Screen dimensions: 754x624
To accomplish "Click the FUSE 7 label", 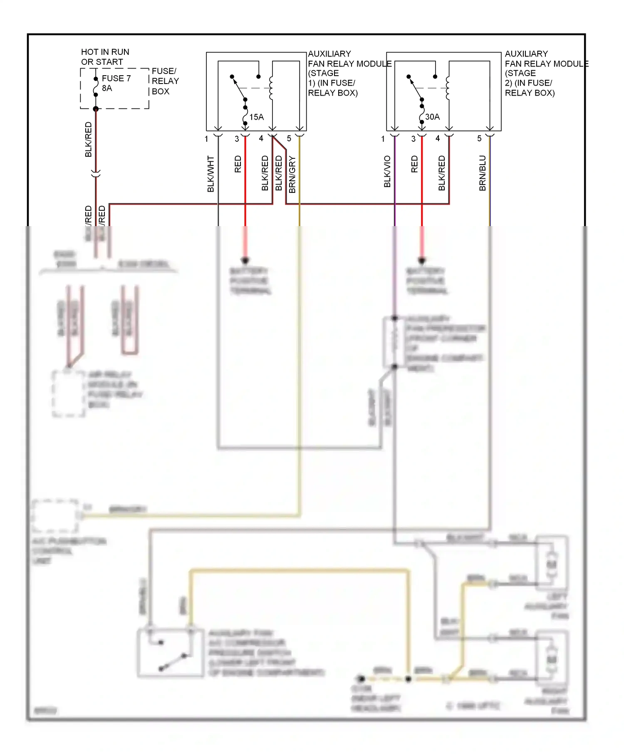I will [x=116, y=78].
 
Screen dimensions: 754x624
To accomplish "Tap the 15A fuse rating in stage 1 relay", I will [x=256, y=117].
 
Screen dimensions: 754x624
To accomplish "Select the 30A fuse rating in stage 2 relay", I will [x=432, y=117].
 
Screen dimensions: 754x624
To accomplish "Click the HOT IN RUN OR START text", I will [x=105, y=57].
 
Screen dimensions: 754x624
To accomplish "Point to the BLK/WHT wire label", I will [x=210, y=174].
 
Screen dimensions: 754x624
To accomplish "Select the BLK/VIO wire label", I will [x=387, y=171].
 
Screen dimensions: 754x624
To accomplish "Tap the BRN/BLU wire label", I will [x=483, y=173].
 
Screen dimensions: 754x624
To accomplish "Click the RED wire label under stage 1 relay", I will [x=238, y=164].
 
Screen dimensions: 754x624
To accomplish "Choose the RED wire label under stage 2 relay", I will [x=414, y=164].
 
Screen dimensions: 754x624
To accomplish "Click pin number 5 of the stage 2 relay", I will [x=479, y=138].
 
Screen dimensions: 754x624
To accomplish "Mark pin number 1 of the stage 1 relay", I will [x=206, y=139].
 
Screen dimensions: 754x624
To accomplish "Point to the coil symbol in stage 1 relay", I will [x=271, y=88].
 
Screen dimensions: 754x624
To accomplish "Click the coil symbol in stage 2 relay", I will [x=447, y=88].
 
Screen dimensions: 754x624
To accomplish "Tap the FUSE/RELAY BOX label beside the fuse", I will [x=165, y=81].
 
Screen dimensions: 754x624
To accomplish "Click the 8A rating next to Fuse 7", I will [x=107, y=88].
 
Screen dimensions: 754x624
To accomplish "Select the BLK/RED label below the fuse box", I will [x=88, y=140].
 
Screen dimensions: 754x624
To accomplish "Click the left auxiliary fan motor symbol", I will [x=551, y=564].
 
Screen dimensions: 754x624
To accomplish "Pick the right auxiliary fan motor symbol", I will [x=551, y=660].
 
